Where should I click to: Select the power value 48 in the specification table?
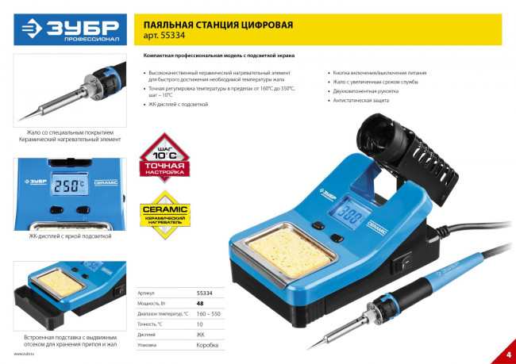click(200, 303)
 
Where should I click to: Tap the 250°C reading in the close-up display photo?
click(69, 186)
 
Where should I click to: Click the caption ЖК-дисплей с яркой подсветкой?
click(69, 236)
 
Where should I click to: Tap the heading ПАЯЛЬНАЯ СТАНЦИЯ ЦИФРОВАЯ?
click(213, 25)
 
